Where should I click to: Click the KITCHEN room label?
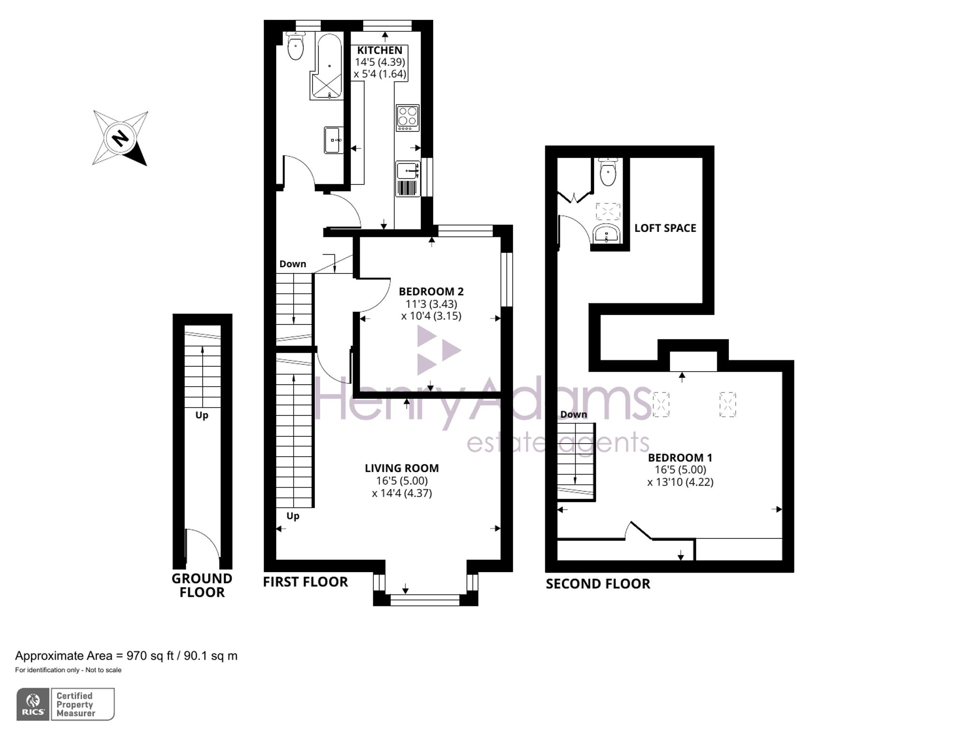[380, 50]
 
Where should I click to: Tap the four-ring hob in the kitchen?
[407, 117]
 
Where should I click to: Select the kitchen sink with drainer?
[408, 178]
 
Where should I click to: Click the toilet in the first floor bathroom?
[295, 47]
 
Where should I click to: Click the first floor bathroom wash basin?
[333, 140]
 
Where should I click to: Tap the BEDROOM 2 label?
[431, 291]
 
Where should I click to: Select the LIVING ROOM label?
[401, 468]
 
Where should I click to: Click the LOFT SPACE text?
[665, 228]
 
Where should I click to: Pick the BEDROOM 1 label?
[680, 457]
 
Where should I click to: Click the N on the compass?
[120, 138]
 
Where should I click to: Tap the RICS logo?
[33, 704]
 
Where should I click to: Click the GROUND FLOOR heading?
[202, 585]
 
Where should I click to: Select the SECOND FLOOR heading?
[597, 584]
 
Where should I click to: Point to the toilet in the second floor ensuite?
[608, 173]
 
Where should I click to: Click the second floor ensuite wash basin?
[606, 234]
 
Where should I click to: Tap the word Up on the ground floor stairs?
[202, 415]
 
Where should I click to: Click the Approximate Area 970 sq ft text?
[126, 656]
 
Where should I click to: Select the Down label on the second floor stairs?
[573, 414]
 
